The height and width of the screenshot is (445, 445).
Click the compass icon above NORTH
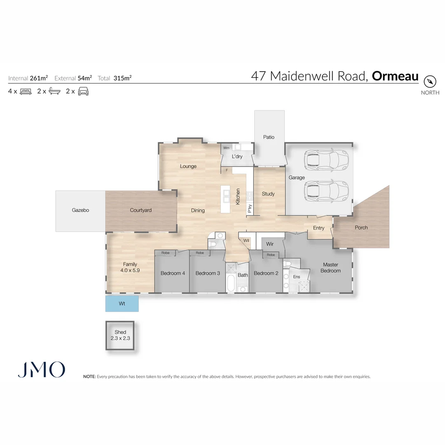click(x=430, y=81)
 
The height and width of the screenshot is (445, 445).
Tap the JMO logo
click(x=41, y=370)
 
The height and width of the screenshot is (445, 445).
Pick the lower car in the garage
click(x=326, y=191)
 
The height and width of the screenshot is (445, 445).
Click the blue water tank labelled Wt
click(x=122, y=304)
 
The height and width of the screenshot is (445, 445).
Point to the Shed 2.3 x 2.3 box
click(x=120, y=335)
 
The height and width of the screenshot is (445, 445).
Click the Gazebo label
click(x=80, y=210)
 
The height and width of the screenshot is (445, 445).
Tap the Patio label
click(x=269, y=137)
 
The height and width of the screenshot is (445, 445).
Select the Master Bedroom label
click(x=330, y=268)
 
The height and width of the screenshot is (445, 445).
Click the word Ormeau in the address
click(x=395, y=76)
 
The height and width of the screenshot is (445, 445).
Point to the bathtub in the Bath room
click(x=230, y=284)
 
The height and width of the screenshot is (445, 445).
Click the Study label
click(x=268, y=194)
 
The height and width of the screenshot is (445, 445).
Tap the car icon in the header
click(x=83, y=91)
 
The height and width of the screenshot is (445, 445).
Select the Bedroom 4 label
click(x=173, y=273)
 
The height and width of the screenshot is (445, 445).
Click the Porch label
click(x=361, y=227)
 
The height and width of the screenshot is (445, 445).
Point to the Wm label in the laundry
click(x=226, y=148)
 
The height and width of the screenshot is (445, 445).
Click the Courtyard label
click(x=141, y=210)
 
